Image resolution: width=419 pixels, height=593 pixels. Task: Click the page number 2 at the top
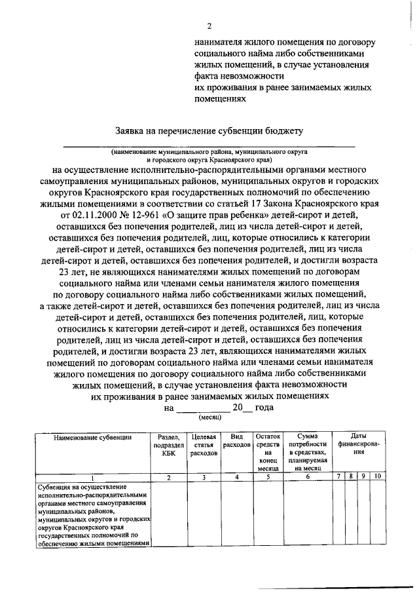209,26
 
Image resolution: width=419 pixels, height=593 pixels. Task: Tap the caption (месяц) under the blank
209,417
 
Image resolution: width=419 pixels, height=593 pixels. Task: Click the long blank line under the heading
209,143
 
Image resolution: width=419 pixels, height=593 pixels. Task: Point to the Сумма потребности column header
307,452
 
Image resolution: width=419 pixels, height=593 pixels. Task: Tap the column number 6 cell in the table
307,477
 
